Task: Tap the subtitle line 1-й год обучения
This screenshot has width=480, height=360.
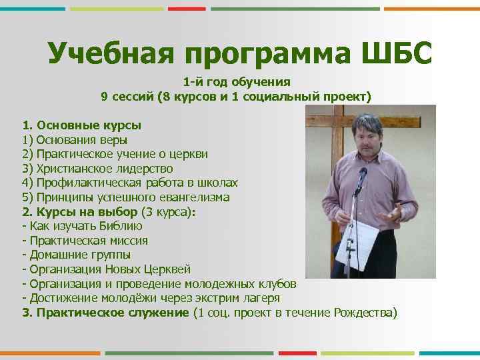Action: pos(237,82)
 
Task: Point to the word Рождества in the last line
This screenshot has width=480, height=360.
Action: pos(368,313)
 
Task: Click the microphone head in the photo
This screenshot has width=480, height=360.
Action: pos(363,175)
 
